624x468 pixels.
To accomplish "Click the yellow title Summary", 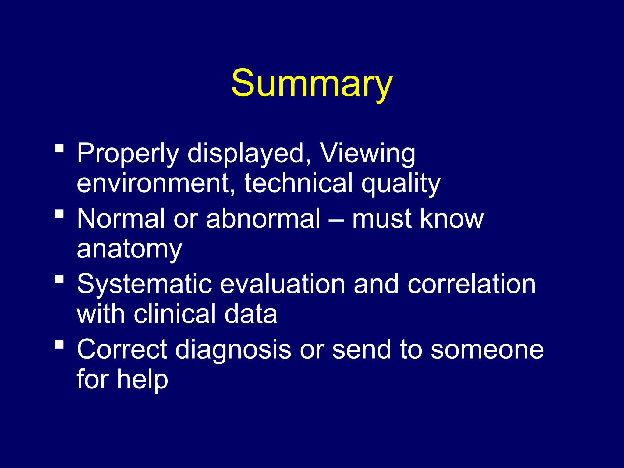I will tap(312, 83).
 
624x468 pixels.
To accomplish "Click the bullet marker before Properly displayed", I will tap(59, 148).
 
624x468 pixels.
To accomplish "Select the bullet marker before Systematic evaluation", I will tap(59, 279).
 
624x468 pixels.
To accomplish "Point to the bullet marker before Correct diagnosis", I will tap(59, 344).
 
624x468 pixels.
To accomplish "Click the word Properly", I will tap(128, 154).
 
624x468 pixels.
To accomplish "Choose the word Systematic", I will tap(144, 284).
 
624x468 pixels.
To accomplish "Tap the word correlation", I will tap(471, 284).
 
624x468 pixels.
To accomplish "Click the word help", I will tap(143, 379).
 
